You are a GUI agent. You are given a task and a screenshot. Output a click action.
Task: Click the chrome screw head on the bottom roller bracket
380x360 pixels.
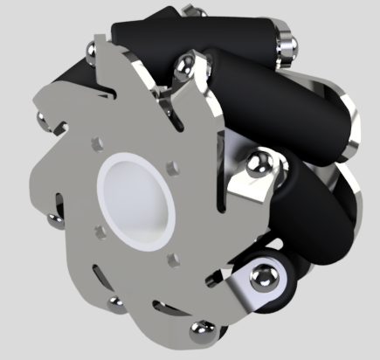pyautogui.click(x=261, y=278)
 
